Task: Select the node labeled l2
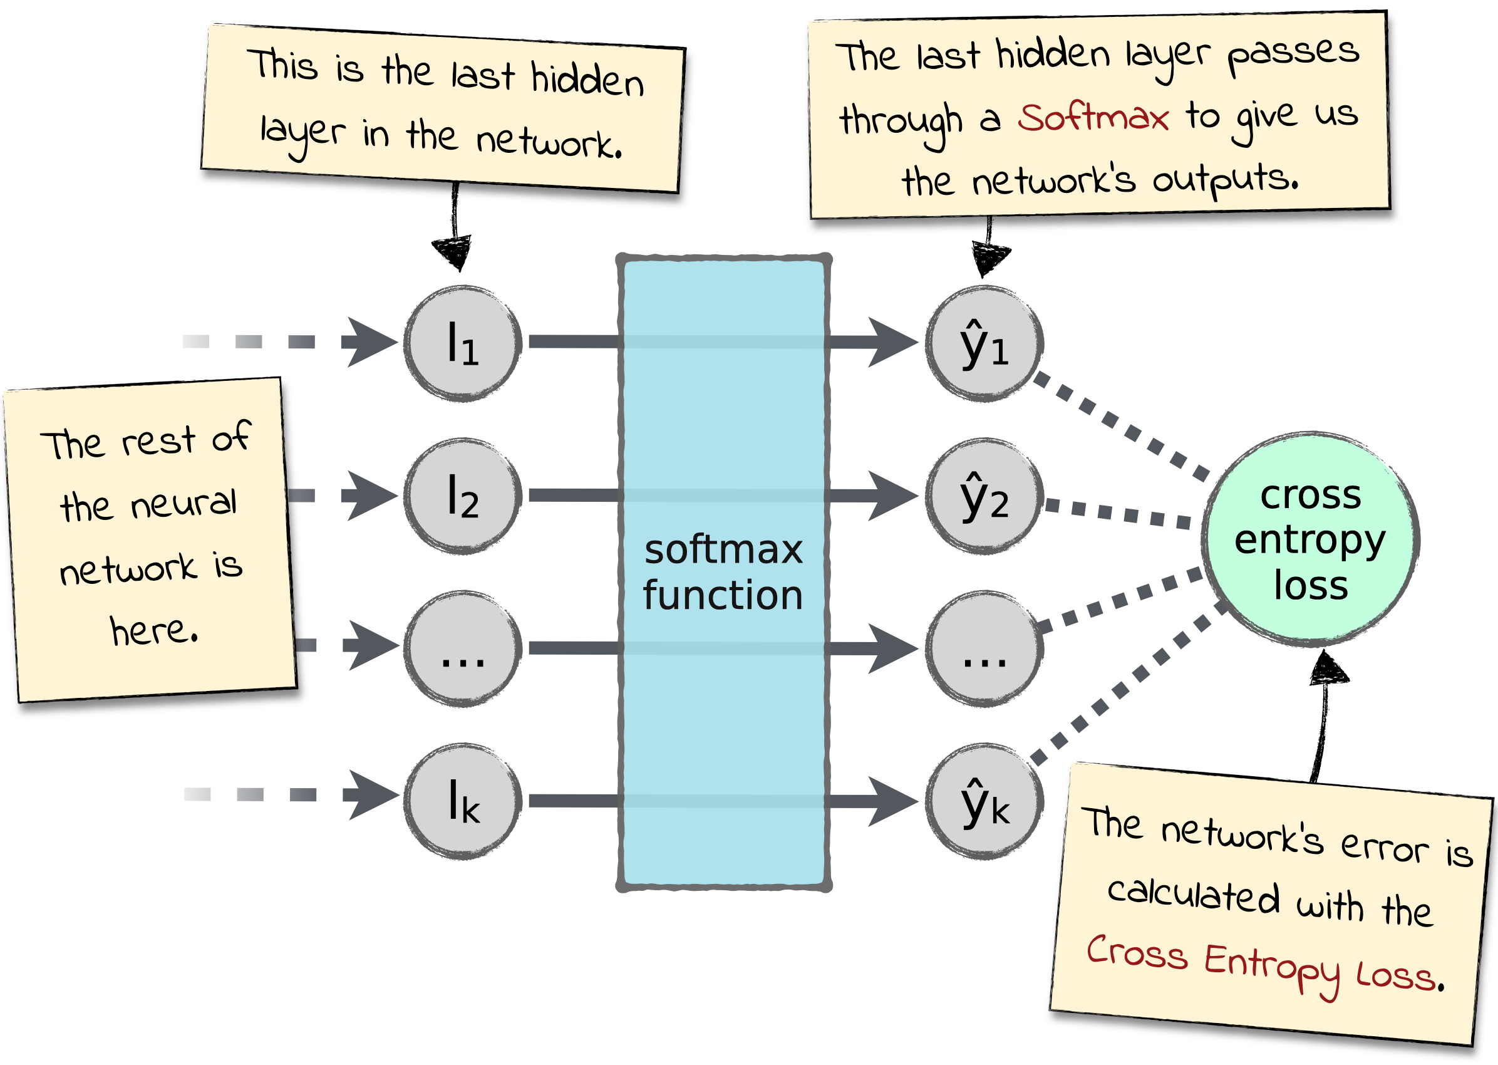click(463, 496)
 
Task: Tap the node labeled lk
click(463, 801)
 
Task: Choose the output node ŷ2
click(984, 496)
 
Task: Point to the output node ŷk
click(984, 801)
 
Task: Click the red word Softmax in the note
click(1093, 118)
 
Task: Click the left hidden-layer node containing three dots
click(463, 648)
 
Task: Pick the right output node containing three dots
click(984, 648)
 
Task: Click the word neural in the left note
click(183, 504)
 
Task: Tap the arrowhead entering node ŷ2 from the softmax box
click(892, 496)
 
